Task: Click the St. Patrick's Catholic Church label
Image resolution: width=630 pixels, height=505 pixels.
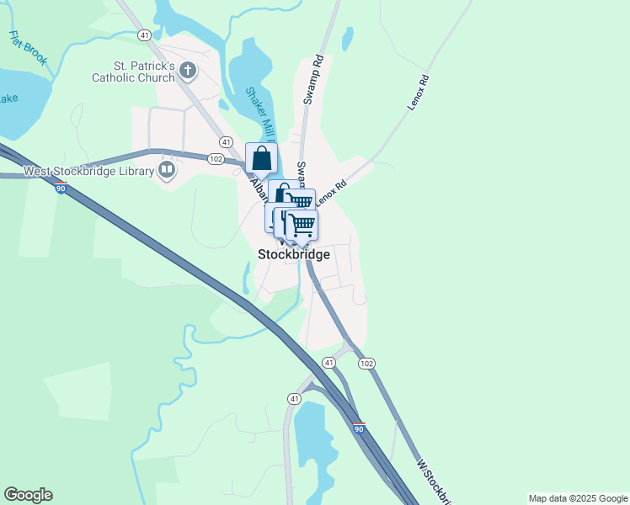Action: click(x=144, y=72)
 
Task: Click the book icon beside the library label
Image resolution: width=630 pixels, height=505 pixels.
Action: click(x=167, y=172)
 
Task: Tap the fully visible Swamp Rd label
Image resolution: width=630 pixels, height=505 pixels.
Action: click(x=313, y=79)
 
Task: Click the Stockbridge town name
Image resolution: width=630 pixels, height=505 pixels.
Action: click(x=293, y=253)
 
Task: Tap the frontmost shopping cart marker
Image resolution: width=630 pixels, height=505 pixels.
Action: click(x=302, y=225)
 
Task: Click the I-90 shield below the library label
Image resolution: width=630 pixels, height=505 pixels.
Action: click(x=61, y=188)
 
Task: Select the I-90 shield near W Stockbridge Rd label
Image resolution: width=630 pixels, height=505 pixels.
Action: click(x=359, y=428)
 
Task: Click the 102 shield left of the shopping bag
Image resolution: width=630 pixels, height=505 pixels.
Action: click(x=216, y=159)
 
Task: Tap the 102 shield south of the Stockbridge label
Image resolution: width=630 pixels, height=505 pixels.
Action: click(x=365, y=363)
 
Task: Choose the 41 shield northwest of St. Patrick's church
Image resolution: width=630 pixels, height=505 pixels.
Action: click(x=146, y=35)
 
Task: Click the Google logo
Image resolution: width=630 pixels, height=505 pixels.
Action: click(x=28, y=495)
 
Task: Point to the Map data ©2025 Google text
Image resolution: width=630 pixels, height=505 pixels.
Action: click(x=578, y=498)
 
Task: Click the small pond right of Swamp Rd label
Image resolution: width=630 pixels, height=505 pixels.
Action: click(x=347, y=39)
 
